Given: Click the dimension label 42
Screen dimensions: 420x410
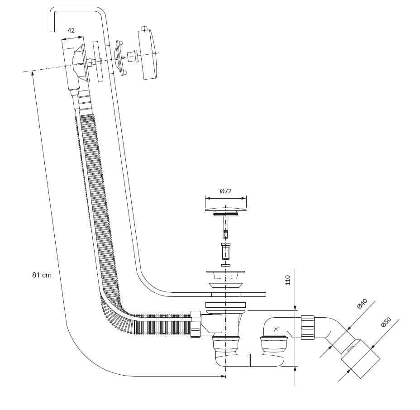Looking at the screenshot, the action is (71, 30).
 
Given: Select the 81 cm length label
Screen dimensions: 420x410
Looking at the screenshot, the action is (42, 275).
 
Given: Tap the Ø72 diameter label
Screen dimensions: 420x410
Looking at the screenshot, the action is (225, 191).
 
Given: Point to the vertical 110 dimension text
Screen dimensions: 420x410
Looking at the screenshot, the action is (288, 280).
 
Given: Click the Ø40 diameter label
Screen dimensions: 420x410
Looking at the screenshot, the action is (363, 305).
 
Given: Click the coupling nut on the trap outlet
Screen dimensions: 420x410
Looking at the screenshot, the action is (307, 328).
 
